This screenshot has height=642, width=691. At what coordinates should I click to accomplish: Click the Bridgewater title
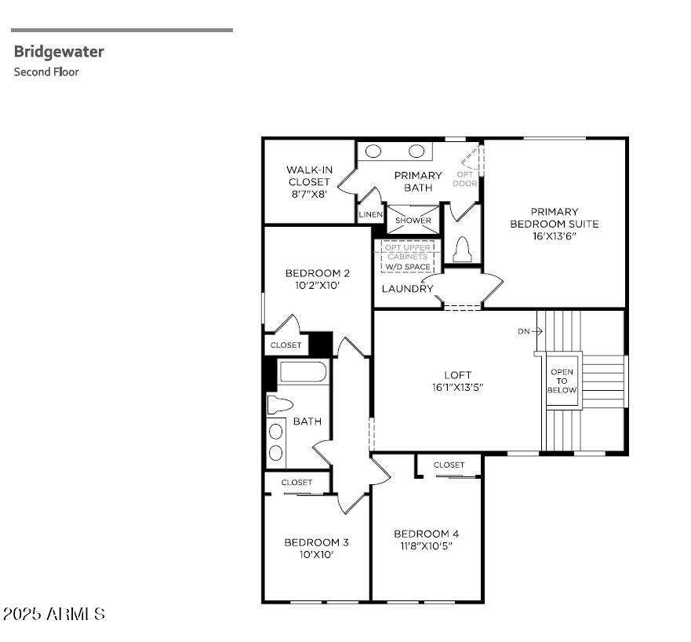tap(59, 52)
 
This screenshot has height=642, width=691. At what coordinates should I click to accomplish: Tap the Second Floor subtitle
tap(46, 72)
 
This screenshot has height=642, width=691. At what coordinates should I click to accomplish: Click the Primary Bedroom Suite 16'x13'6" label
tap(554, 223)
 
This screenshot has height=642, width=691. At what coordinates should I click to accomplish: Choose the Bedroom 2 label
tap(317, 279)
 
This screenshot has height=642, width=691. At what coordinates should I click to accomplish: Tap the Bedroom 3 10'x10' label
tap(316, 548)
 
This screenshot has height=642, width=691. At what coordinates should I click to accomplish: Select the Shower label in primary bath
tap(413, 221)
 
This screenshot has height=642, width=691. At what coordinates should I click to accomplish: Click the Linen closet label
tap(371, 214)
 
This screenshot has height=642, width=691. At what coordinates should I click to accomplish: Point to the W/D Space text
tap(407, 267)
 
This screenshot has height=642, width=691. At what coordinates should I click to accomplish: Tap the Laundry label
tap(407, 289)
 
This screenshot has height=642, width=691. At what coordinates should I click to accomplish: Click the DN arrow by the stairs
tap(530, 331)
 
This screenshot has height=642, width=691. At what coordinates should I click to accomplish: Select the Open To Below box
tap(562, 381)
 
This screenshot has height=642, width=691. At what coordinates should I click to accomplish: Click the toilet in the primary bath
tap(461, 248)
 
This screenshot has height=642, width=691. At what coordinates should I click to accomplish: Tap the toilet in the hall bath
tap(279, 405)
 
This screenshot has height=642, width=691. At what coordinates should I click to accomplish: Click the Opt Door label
tap(465, 179)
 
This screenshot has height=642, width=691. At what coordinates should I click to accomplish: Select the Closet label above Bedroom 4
tap(449, 465)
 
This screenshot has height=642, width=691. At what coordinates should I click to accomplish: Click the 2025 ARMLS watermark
tap(53, 614)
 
